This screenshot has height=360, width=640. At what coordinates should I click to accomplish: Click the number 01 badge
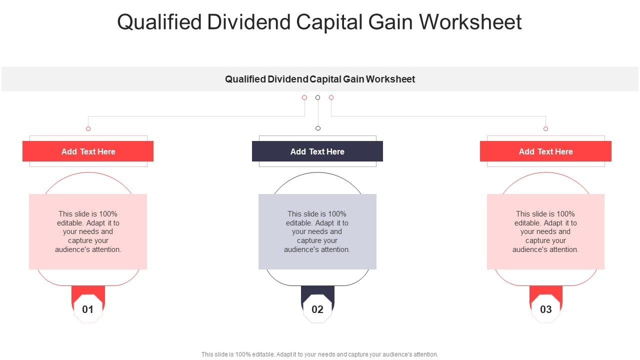pos(88,309)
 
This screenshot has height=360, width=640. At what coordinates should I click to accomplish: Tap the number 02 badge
pos(317,309)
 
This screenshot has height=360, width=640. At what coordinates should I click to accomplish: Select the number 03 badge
pos(546,309)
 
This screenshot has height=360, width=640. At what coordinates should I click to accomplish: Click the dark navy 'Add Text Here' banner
pos(317,151)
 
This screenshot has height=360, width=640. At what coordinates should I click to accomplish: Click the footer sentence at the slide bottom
pos(320,354)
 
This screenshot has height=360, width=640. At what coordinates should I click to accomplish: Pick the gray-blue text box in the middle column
pos(317,231)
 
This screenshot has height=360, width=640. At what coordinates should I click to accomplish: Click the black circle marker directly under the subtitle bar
pos(317,97)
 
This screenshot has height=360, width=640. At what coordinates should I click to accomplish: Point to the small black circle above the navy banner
pos(318,128)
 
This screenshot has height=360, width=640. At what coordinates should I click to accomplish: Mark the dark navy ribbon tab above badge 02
pos(317,292)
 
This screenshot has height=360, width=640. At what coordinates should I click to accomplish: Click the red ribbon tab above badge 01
pos(88,292)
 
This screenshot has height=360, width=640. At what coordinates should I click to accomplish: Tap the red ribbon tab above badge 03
pos(546,292)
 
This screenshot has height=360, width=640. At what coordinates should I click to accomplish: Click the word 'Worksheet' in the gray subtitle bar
pos(391,79)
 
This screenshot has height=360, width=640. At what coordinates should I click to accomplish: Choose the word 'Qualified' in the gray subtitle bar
pos(245,79)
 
